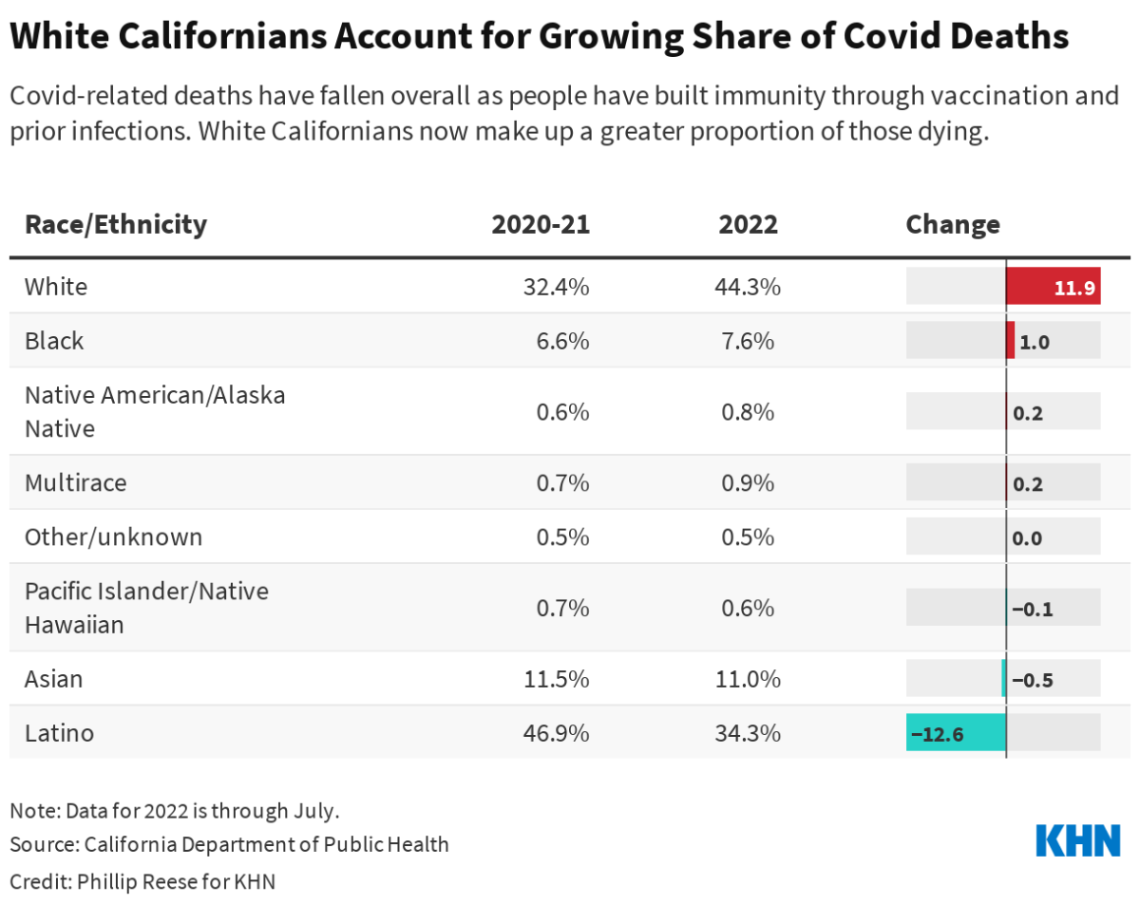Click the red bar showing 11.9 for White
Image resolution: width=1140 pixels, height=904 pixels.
(x=1053, y=286)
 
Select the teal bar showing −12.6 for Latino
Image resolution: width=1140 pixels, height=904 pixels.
(x=956, y=733)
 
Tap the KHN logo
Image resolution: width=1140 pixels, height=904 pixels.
(x=1077, y=840)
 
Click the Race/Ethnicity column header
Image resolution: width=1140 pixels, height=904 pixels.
(x=115, y=224)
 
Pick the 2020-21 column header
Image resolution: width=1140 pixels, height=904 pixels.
(x=540, y=224)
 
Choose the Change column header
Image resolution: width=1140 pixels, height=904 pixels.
(x=952, y=224)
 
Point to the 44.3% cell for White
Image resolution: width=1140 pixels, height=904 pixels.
(x=748, y=286)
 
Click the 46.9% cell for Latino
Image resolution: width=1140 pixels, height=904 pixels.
(x=558, y=733)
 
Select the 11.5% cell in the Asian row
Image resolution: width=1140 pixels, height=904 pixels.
(x=558, y=679)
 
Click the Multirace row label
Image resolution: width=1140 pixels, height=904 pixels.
(x=75, y=482)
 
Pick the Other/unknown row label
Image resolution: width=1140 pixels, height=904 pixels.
(x=113, y=537)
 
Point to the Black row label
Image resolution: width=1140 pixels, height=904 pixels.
(x=54, y=340)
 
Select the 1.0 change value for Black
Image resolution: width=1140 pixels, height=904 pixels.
(x=1034, y=341)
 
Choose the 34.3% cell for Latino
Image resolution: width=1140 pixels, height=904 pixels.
(x=748, y=733)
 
